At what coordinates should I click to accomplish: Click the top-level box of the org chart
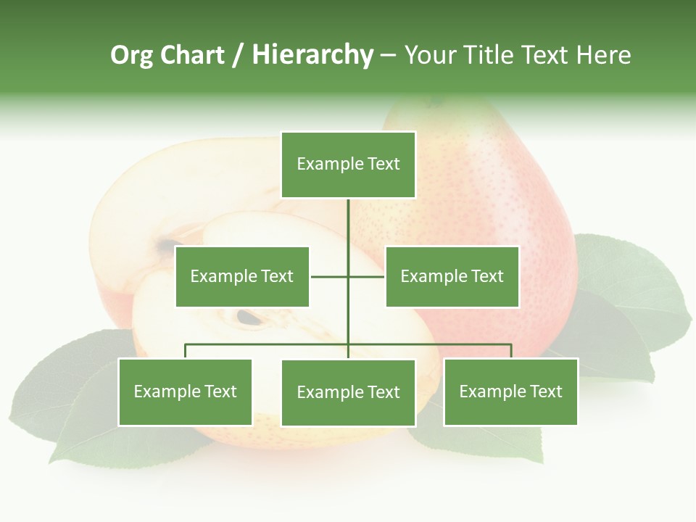pos(348,165)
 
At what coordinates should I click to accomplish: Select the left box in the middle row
pos(242,276)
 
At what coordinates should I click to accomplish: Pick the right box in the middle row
pos(452,276)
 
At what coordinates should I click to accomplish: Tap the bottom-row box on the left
pos(186,392)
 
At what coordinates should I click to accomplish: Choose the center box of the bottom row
pos(348,392)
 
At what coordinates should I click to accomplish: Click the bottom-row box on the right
pos(510,392)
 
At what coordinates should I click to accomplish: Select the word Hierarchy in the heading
pos(312,55)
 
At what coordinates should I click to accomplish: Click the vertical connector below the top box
pos(348,225)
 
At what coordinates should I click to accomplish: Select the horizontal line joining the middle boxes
pos(330,276)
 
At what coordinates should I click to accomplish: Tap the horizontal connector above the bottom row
pos(268,344)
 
